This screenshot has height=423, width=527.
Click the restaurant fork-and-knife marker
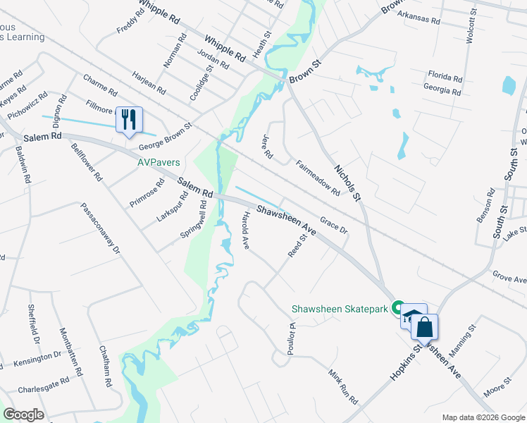pyautogui.click(x=128, y=119)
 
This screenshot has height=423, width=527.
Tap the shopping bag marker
pyautogui.click(x=424, y=327)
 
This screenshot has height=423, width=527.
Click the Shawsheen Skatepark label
pyautogui.click(x=341, y=309)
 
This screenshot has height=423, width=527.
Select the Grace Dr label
pyautogui.click(x=334, y=226)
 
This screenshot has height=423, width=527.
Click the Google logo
pyautogui.click(x=23, y=415)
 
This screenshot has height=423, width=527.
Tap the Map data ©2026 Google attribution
pyautogui.click(x=483, y=417)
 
